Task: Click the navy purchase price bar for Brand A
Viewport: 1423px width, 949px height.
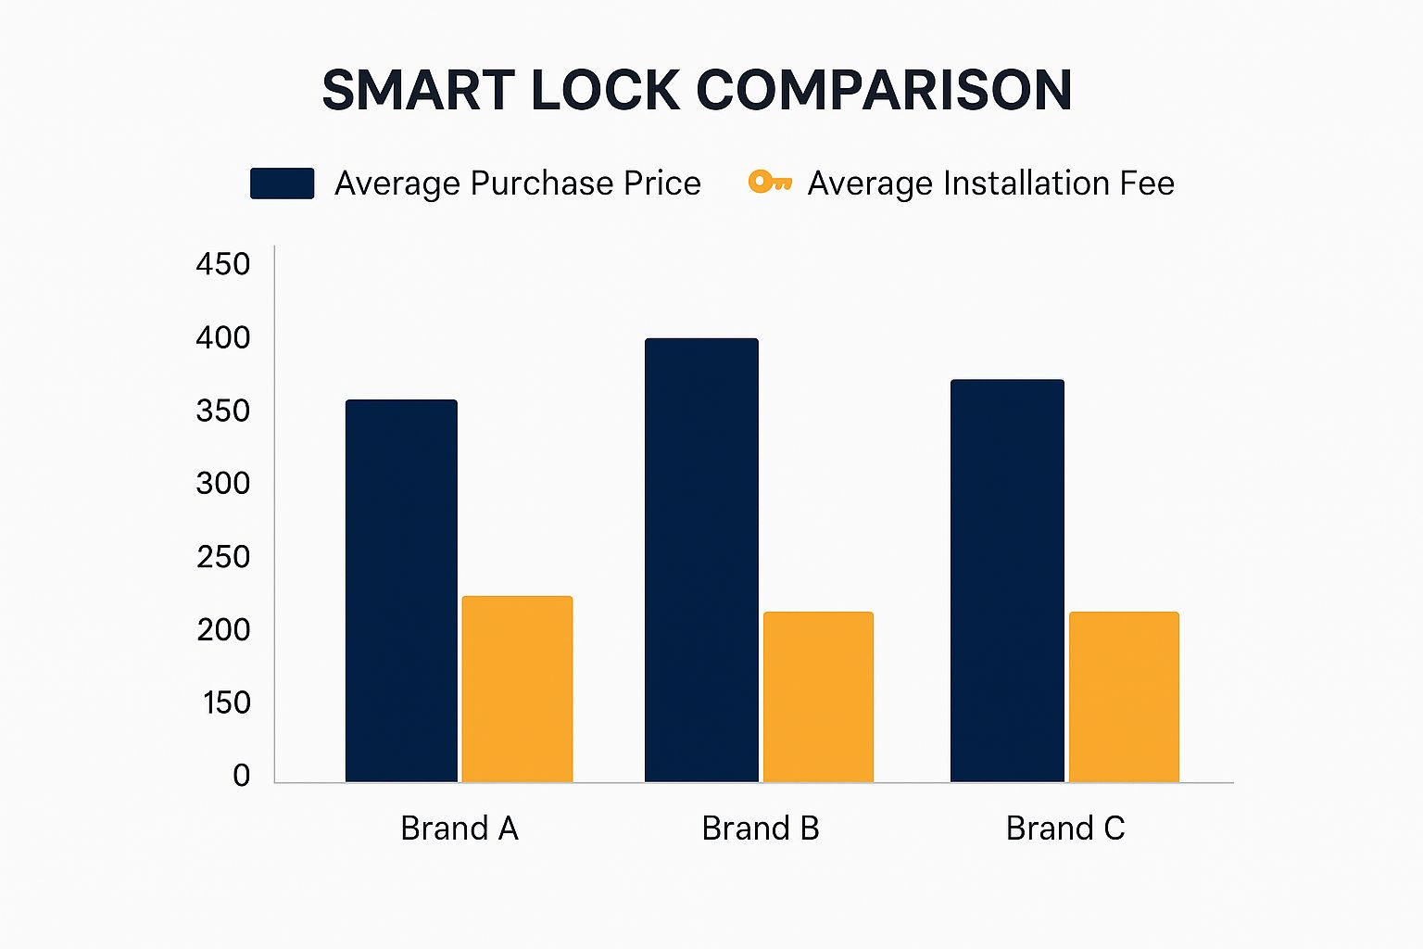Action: pos(401,591)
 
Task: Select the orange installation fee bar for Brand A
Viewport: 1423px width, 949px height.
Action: pos(517,690)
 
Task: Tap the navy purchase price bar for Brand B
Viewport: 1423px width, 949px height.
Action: pos(701,561)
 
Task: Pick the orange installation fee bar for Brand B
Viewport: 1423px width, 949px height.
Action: pos(818,697)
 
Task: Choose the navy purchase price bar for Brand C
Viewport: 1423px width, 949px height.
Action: pos(1007,581)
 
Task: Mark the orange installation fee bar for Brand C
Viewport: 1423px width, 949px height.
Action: pos(1124,697)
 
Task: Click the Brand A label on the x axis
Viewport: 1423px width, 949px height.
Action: pos(459,828)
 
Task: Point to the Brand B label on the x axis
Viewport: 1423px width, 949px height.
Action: pos(760,828)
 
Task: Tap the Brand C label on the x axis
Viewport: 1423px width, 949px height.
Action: pos(1065,828)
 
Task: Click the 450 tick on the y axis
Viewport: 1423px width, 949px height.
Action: pos(223,264)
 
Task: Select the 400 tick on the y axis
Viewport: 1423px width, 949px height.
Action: pos(223,337)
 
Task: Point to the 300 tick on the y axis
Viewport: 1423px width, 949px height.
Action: pos(223,483)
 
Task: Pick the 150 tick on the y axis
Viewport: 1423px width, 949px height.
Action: pos(226,702)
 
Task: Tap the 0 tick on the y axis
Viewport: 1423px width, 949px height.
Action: pos(241,775)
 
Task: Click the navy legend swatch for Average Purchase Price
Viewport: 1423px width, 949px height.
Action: pos(282,183)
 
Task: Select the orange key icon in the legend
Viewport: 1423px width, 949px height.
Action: pos(769,182)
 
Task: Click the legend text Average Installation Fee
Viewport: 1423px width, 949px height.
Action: pos(990,183)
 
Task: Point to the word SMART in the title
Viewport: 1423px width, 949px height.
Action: pos(418,91)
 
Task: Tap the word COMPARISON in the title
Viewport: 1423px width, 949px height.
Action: pos(884,91)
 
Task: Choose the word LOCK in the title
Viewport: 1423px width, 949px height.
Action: pos(605,91)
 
